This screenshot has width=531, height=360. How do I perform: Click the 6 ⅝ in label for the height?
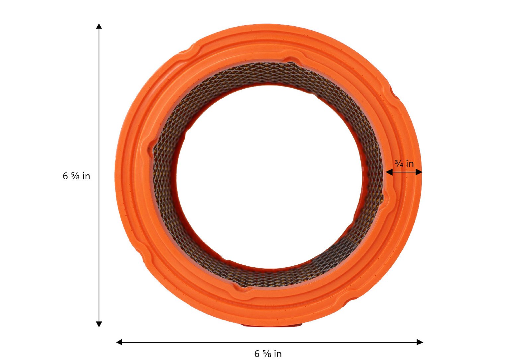pos(76,176)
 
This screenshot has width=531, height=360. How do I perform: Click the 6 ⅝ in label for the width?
pos(268,354)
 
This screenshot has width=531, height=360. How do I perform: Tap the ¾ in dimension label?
pos(404,164)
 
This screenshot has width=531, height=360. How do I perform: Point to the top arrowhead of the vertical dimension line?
pos(99,26)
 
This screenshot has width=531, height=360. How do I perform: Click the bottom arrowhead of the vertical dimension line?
pos(99,324)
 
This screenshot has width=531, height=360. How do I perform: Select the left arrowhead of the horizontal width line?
pos(119,342)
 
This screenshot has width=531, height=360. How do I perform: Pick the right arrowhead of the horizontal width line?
pos(420,342)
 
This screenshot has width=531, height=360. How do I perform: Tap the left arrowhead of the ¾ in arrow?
pos(389,172)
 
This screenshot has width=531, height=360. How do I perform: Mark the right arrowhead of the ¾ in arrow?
pos(419,172)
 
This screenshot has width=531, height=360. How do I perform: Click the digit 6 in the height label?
pos(65,176)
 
